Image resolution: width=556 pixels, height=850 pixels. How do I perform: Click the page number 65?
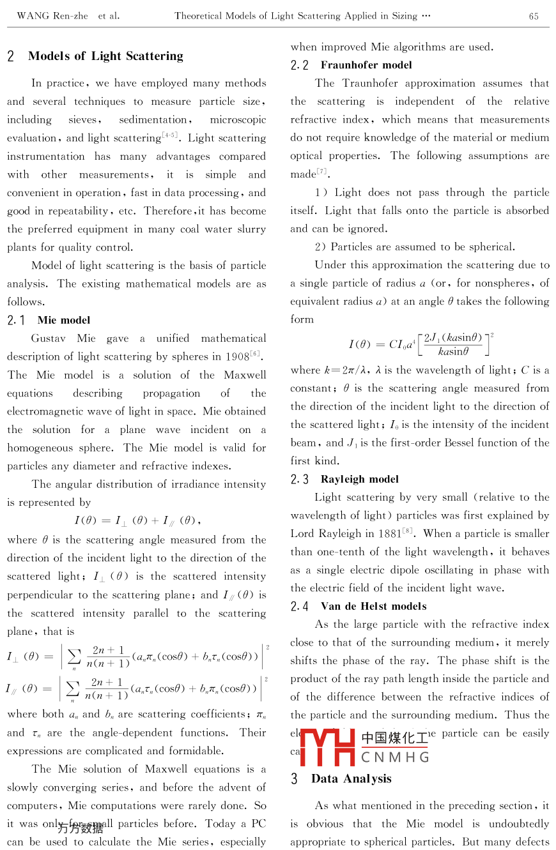[534, 16]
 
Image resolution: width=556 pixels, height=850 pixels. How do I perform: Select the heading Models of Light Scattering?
[105, 56]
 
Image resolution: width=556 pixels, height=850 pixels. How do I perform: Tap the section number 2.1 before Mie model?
[17, 321]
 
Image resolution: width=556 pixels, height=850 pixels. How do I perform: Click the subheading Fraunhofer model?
[366, 65]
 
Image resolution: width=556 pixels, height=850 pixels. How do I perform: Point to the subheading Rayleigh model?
[360, 480]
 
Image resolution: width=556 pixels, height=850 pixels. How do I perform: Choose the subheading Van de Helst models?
[373, 607]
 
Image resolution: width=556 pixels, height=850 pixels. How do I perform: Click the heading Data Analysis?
[351, 778]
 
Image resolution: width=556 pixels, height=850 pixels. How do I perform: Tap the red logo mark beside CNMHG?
[327, 747]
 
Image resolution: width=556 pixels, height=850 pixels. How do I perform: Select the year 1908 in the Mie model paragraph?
[236, 357]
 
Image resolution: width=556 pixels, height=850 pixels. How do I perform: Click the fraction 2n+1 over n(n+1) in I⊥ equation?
[107, 656]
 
